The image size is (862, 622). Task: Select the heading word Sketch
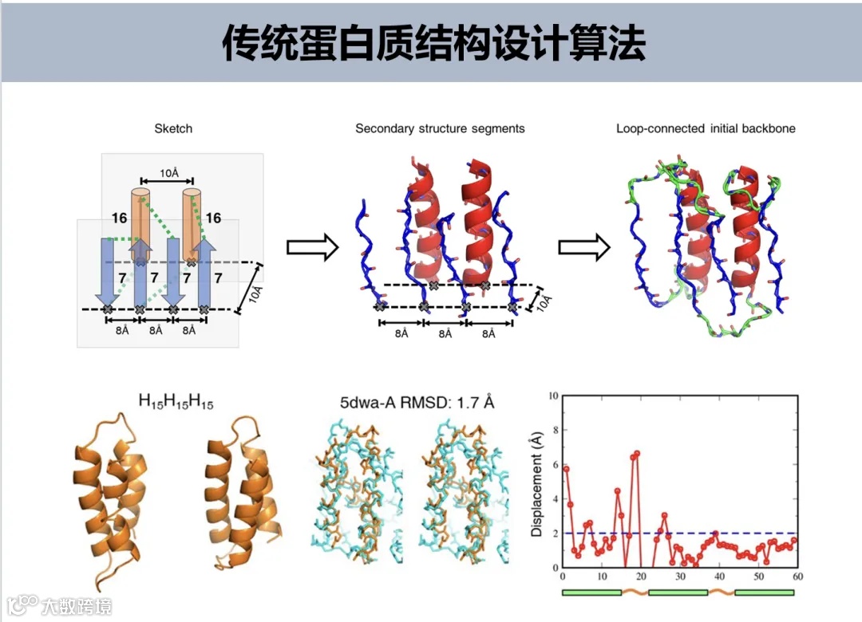coord(173,128)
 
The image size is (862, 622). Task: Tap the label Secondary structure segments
coord(440,128)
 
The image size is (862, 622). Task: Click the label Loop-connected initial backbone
coord(706,128)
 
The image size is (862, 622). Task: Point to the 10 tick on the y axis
coord(552,396)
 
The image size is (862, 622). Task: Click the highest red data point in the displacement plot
coord(637,454)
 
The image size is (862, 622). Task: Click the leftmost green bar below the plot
coord(591,592)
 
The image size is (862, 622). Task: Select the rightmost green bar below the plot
coord(765,592)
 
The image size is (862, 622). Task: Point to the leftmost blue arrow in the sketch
coord(108,271)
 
